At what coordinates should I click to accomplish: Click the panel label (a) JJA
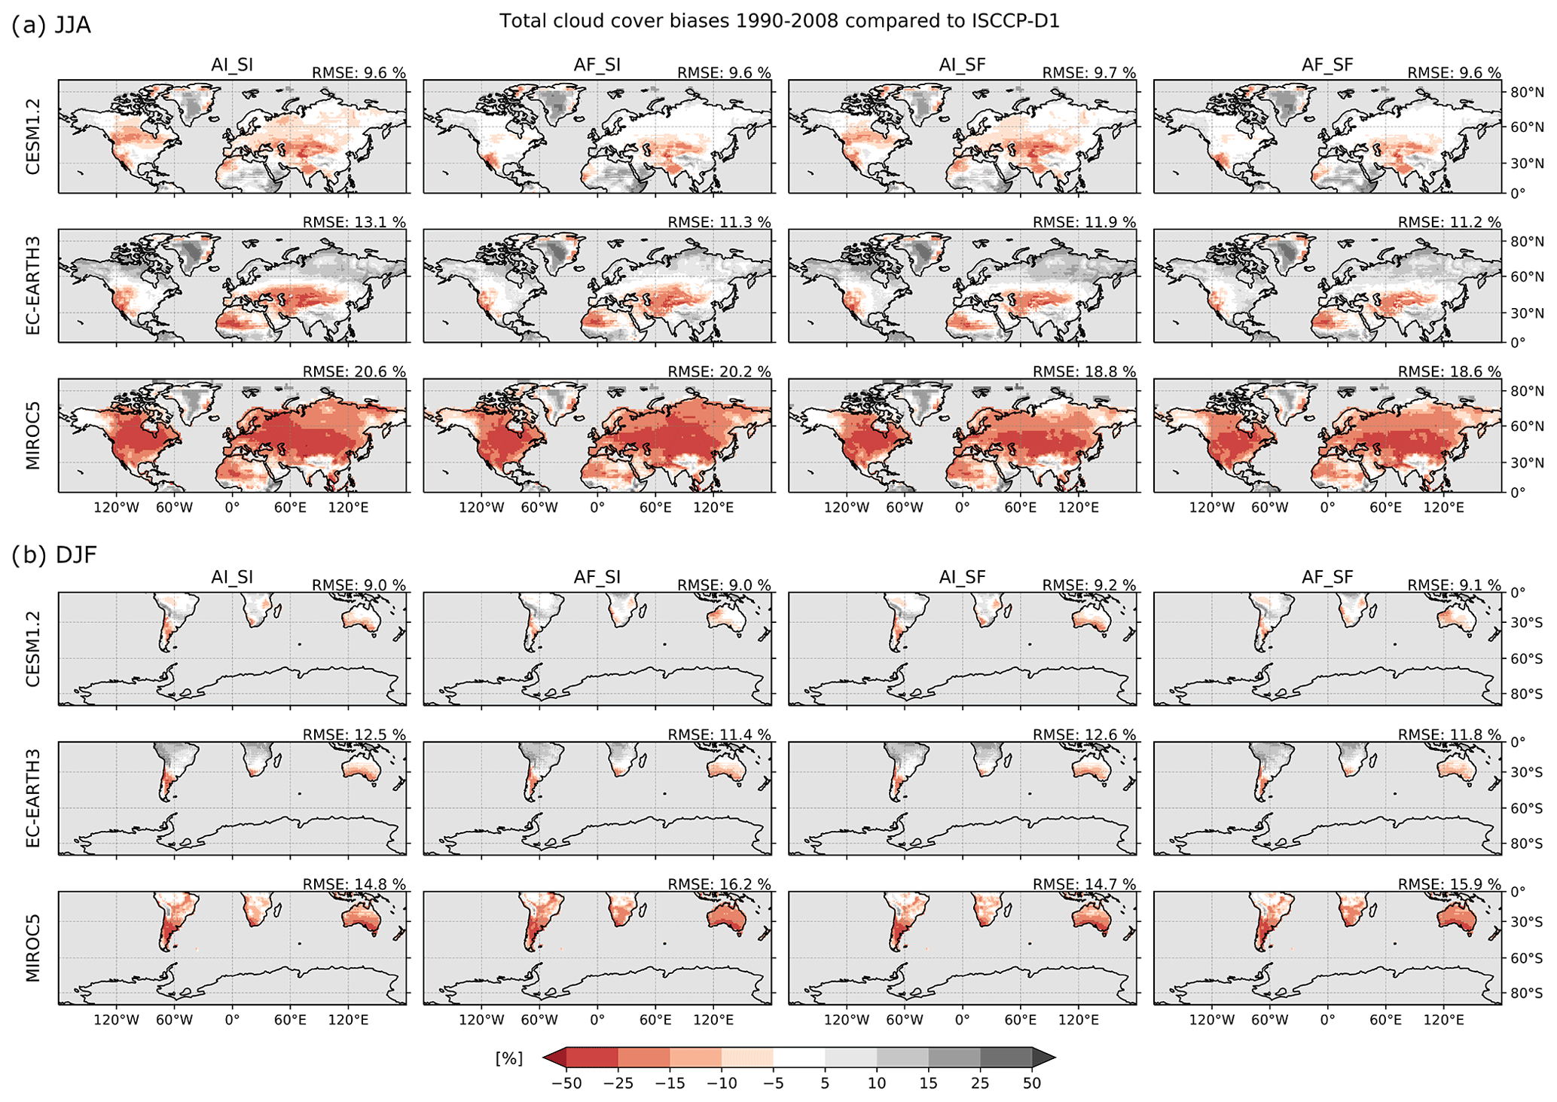[51, 25]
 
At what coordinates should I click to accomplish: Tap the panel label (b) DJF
[54, 555]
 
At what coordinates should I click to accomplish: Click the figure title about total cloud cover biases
[779, 21]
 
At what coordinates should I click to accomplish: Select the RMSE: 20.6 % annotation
[354, 371]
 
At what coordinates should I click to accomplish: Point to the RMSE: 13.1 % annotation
[354, 222]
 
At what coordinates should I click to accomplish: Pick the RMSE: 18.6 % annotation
[1449, 371]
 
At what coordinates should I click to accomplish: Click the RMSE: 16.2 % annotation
[719, 884]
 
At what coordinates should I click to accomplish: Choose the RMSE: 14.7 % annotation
[1084, 884]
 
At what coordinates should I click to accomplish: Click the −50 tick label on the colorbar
[566, 1084]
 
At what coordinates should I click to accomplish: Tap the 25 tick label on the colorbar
[980, 1084]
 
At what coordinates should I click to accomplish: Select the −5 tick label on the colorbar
[773, 1084]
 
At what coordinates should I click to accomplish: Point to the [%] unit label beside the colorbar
[508, 1058]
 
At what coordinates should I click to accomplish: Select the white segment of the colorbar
[798, 1058]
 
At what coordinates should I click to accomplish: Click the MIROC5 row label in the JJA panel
[33, 435]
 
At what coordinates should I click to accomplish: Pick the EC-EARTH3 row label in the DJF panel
[33, 798]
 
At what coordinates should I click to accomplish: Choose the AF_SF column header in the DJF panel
[1327, 577]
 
